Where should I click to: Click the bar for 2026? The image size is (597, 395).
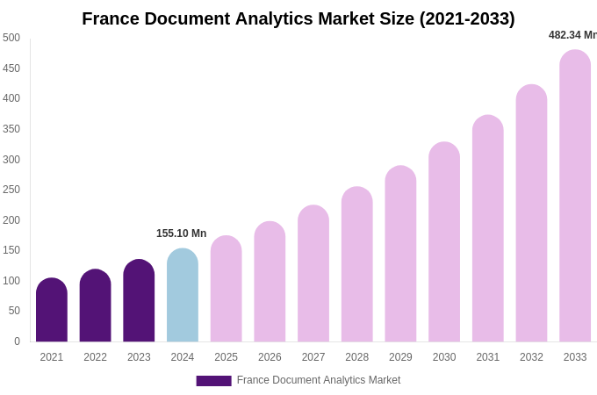[x=270, y=282]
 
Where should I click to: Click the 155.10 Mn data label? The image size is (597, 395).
[x=182, y=233]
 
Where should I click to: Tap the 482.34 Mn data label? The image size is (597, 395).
[x=572, y=35]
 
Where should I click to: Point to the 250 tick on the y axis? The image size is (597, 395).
[x=11, y=190]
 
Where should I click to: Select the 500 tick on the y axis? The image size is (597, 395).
[x=11, y=38]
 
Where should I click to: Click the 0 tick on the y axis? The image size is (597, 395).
[x=17, y=341]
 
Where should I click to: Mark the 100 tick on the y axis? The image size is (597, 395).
[x=11, y=281]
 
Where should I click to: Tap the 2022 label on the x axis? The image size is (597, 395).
[x=96, y=357]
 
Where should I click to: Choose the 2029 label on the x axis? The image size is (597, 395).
[x=400, y=357]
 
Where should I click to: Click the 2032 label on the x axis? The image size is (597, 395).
[x=531, y=357]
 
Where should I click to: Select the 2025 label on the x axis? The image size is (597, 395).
[x=227, y=357]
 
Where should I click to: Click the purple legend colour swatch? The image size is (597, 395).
[x=213, y=381]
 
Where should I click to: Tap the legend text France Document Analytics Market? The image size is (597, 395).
[x=319, y=380]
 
